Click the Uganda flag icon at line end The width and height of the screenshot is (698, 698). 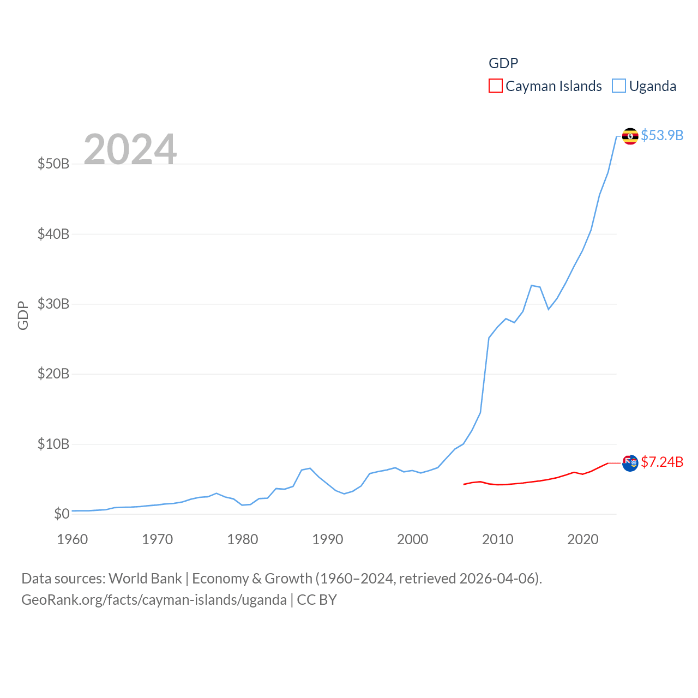(630, 136)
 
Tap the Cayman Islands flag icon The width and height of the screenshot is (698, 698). (630, 463)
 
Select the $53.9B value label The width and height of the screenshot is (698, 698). (662, 135)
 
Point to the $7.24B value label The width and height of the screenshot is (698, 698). (662, 462)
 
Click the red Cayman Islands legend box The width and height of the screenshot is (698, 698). (495, 86)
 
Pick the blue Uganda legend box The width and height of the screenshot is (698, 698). (618, 86)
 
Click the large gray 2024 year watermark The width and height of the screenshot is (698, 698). (130, 149)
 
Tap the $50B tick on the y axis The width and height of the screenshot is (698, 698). (53, 164)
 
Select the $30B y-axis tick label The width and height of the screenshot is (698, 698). (53, 304)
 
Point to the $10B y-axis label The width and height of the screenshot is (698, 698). (53, 444)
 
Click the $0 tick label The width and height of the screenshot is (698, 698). (61, 514)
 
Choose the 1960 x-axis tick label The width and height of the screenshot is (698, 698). (72, 539)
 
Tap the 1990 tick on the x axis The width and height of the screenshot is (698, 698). (327, 539)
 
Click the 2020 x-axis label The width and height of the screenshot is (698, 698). (582, 539)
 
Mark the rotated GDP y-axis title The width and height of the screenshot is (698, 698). (22, 315)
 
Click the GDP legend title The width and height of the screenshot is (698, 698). (503, 63)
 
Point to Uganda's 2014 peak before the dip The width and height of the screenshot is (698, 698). (531, 285)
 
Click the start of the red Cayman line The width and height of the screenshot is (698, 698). (464, 484)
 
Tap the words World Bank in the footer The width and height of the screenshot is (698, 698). (145, 579)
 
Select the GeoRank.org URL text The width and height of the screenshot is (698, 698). (154, 600)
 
